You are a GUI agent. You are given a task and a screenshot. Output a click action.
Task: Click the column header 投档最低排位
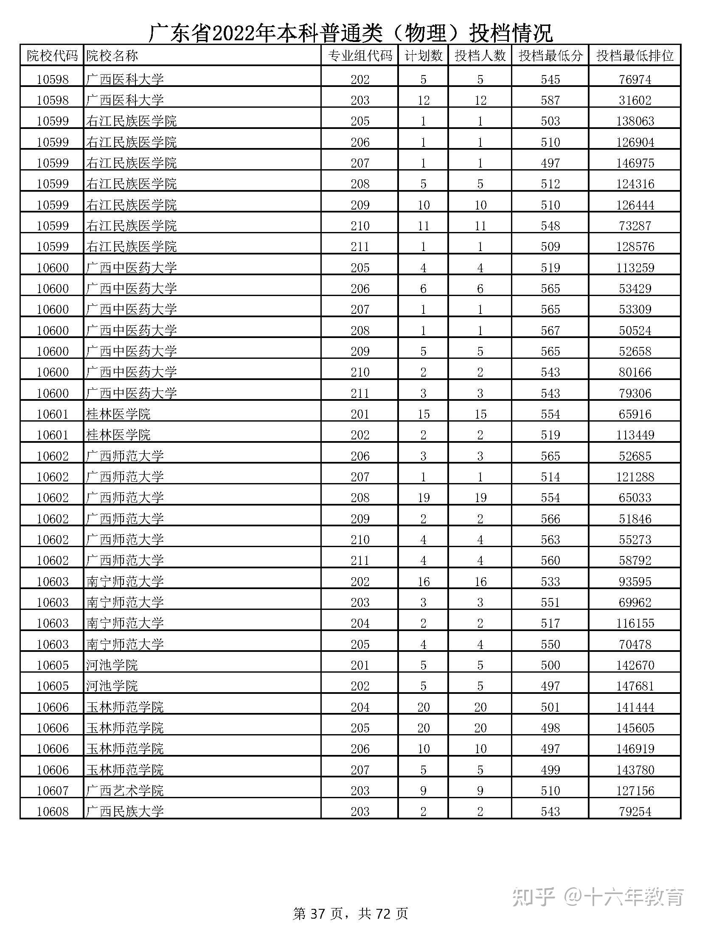point(635,56)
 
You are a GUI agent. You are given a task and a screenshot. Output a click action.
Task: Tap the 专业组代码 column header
point(360,56)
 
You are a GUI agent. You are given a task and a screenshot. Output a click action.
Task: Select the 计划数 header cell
point(423,56)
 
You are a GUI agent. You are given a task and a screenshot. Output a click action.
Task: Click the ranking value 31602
point(635,100)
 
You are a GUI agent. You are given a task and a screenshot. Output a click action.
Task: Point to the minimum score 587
point(550,100)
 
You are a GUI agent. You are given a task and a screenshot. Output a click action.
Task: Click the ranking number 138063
point(635,121)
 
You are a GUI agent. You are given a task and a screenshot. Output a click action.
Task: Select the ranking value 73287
point(635,226)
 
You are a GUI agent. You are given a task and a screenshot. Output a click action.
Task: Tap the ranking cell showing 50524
point(635,330)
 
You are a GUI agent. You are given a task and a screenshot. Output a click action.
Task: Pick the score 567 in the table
point(550,330)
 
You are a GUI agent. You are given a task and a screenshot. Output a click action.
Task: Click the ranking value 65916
point(635,414)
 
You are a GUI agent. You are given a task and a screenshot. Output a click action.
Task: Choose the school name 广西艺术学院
point(125,791)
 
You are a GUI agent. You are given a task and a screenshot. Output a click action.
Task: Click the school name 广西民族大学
point(125,811)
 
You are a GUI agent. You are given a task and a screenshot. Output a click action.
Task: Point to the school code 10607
point(53,791)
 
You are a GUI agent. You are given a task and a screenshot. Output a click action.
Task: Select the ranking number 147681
point(635,686)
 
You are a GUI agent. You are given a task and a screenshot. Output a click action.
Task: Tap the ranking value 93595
point(635,581)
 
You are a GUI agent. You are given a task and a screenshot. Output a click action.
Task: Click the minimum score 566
point(550,519)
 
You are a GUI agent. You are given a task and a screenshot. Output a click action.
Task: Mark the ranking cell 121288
point(635,477)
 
